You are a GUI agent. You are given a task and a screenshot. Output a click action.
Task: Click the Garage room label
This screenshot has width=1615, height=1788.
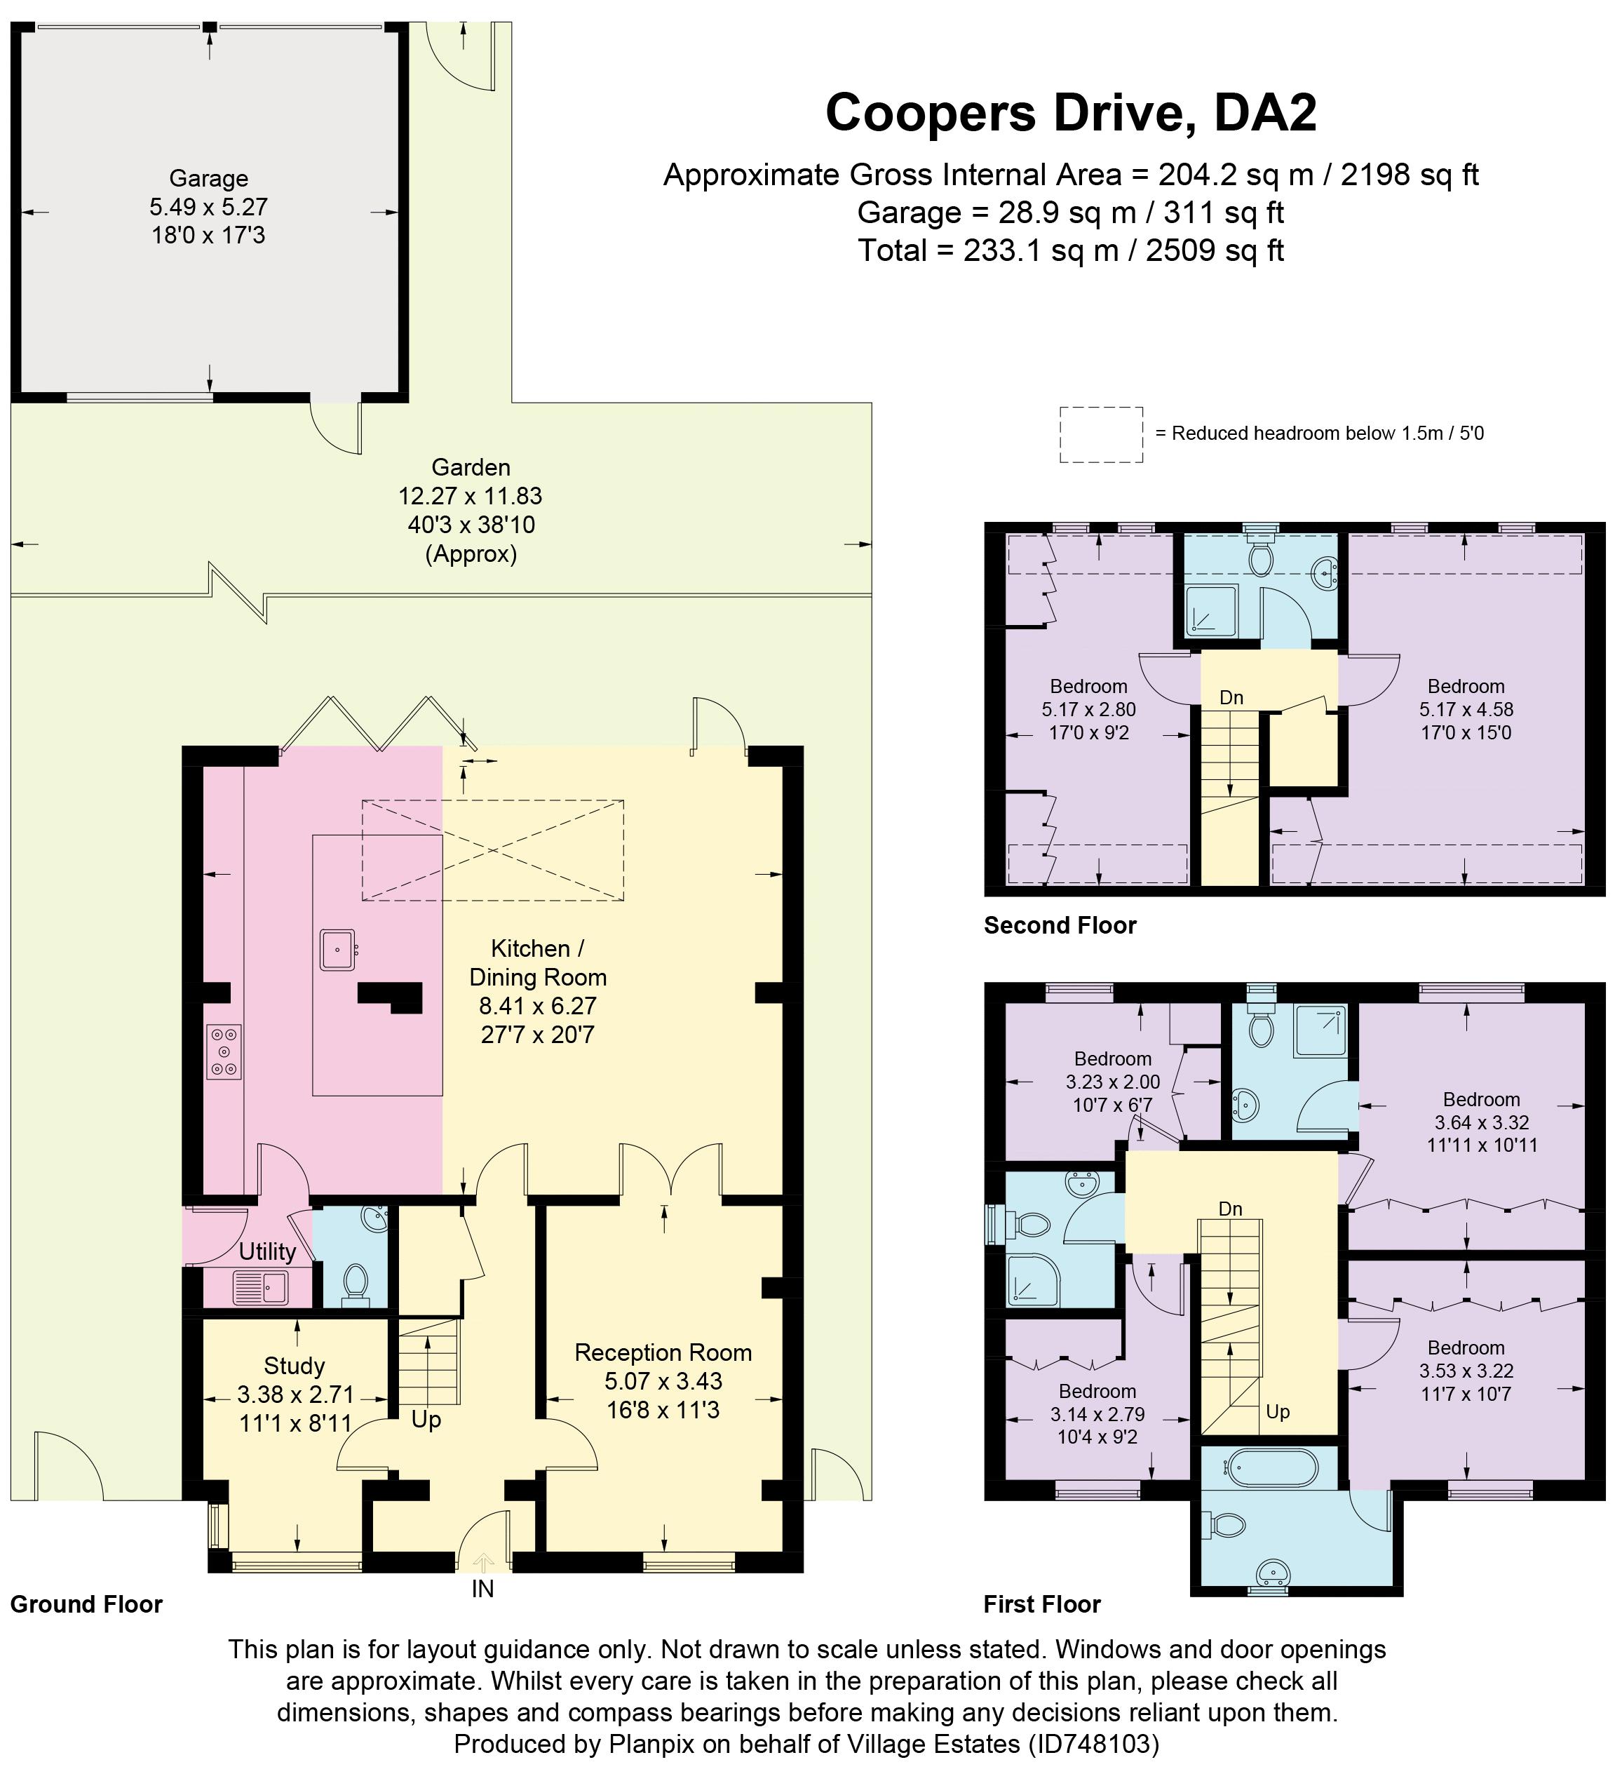coord(208,179)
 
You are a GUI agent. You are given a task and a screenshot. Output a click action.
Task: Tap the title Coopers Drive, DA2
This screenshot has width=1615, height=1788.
coord(1070,113)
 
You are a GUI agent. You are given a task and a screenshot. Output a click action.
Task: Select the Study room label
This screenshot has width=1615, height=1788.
coord(295,1366)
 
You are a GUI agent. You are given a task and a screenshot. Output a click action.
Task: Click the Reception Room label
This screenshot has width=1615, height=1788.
coord(663,1352)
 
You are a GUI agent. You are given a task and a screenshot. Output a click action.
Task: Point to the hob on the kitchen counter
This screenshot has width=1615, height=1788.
coord(224,1052)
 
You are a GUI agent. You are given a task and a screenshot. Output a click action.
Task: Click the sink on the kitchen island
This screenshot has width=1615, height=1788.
coord(338,950)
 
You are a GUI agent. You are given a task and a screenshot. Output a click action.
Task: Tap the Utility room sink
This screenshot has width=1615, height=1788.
coord(261,1288)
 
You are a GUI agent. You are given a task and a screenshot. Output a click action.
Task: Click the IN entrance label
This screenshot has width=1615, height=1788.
coord(482,1589)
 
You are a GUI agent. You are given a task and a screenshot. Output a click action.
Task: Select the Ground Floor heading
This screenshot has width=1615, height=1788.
coord(87,1604)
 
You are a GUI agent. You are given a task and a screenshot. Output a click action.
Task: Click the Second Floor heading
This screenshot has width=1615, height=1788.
coord(1060,926)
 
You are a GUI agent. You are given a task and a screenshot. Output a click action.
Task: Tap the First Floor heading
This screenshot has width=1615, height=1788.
coord(1042,1604)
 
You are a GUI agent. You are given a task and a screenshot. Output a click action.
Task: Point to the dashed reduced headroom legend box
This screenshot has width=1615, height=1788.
coord(1100,435)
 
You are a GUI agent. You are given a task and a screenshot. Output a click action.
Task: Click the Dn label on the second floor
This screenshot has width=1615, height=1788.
coord(1231,698)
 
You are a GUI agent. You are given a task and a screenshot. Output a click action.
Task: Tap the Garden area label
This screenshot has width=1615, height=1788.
coord(471,467)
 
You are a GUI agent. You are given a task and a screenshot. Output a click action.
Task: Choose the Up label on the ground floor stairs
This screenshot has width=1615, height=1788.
coord(426,1420)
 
